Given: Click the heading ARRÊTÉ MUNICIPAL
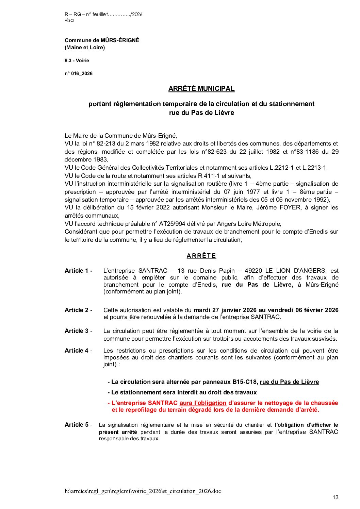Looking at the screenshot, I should click(x=201, y=89).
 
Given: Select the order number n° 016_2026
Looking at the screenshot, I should click(x=79, y=73).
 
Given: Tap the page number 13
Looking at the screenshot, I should click(x=336, y=497).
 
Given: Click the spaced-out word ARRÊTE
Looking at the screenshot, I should click(x=201, y=256).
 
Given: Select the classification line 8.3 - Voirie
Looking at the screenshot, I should click(x=77, y=61).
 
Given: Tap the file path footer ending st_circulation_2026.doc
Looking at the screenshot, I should click(x=143, y=491).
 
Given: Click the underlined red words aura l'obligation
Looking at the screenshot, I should click(x=203, y=403).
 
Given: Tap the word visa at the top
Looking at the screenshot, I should click(x=69, y=20).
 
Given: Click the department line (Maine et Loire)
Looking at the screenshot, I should click(x=85, y=48).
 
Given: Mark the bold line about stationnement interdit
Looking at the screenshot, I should click(x=182, y=392).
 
